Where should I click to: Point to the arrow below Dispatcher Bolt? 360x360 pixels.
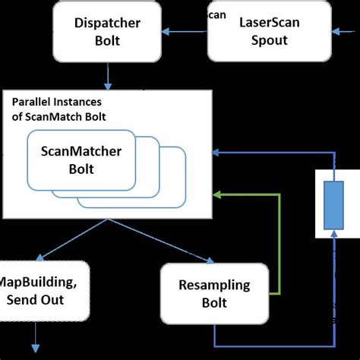pyautogui.click(x=108, y=76)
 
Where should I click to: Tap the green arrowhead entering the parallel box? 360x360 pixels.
pyautogui.click(x=218, y=196)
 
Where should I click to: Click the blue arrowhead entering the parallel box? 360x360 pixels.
pyautogui.click(x=218, y=153)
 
